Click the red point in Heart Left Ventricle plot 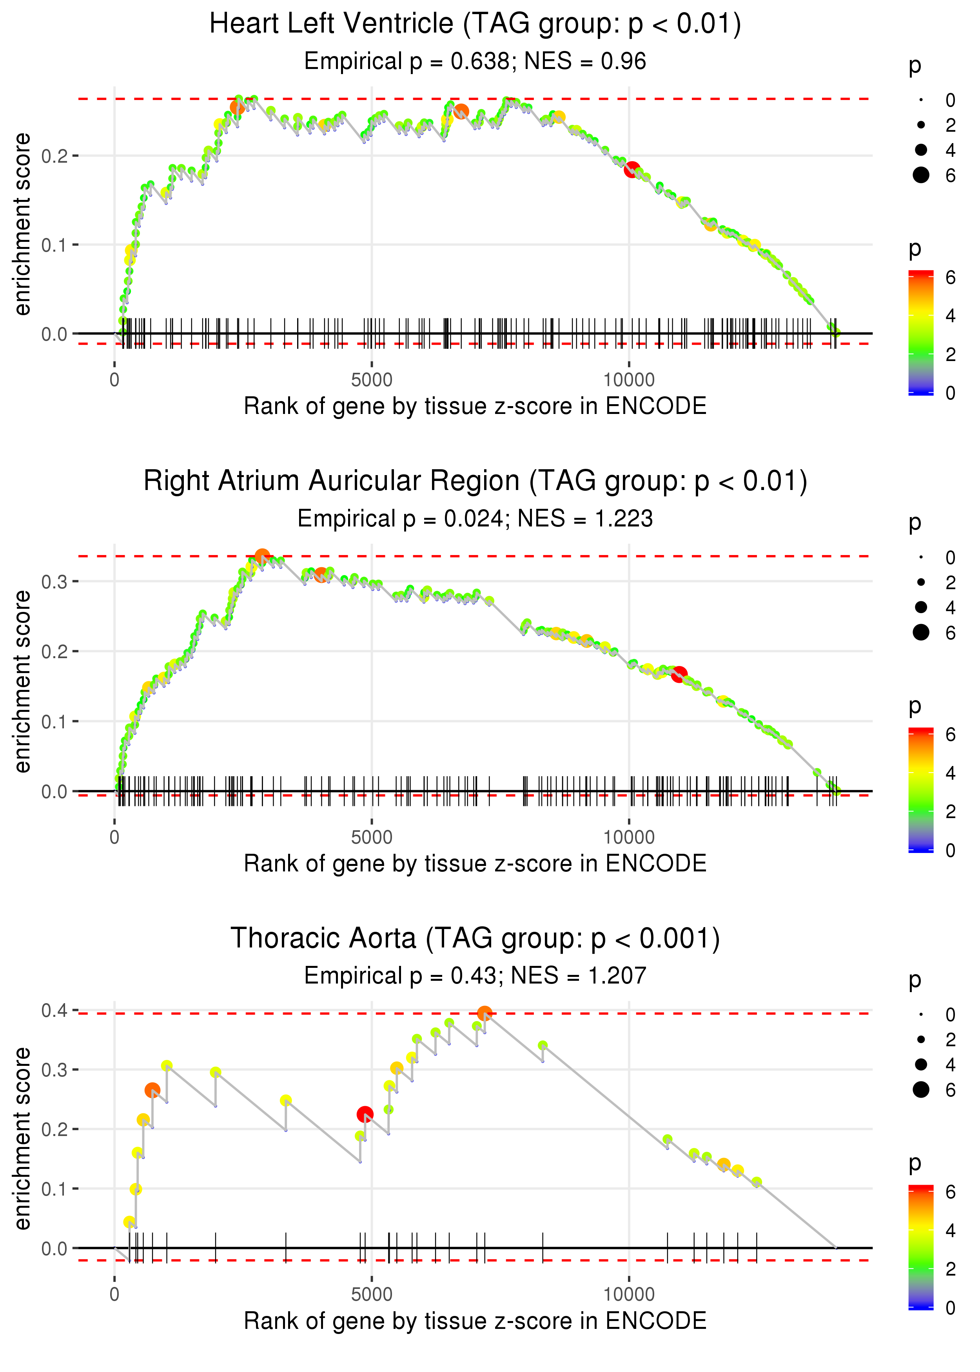(x=631, y=169)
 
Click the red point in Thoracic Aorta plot (x=365, y=1114)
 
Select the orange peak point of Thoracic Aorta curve (x=484, y=1013)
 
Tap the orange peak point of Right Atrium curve (x=262, y=556)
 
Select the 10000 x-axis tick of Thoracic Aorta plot (x=629, y=1294)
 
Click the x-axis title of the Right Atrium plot (x=475, y=864)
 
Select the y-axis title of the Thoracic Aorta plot (x=22, y=1138)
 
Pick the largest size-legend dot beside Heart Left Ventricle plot (x=921, y=175)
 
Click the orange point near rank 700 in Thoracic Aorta (x=152, y=1090)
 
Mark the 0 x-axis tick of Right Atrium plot (x=114, y=837)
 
